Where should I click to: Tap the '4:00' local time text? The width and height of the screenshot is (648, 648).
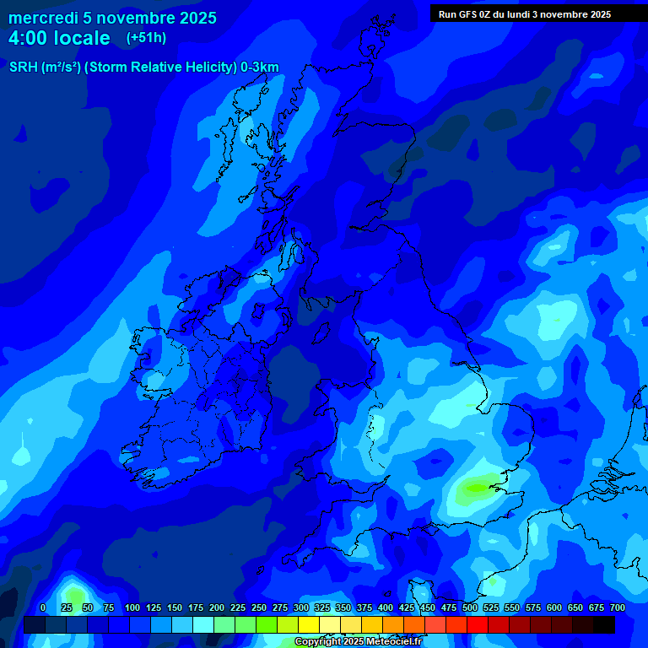(x=30, y=38)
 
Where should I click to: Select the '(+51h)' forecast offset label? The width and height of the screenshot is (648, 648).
(x=146, y=38)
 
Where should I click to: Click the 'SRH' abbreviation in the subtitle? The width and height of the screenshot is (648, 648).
(x=23, y=67)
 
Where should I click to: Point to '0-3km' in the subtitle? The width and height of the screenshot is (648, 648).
(x=259, y=67)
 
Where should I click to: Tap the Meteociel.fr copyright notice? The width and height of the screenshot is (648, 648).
(x=358, y=642)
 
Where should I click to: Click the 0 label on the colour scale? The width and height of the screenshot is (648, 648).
(x=43, y=607)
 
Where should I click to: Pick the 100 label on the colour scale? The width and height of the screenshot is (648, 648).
(x=132, y=607)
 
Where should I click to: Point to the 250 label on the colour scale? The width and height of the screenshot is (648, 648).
(x=259, y=607)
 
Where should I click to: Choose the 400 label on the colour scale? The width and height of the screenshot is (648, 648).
(x=386, y=607)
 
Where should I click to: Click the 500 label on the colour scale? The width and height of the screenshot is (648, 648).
(x=470, y=607)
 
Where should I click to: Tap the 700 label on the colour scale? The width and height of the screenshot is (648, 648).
(x=618, y=607)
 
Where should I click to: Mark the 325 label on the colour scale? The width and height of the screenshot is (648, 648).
(x=322, y=607)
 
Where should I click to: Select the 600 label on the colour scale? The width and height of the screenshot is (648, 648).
(x=554, y=607)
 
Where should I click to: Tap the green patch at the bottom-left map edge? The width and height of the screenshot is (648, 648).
(x=72, y=591)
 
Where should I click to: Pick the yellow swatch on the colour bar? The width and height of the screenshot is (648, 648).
(x=309, y=624)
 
